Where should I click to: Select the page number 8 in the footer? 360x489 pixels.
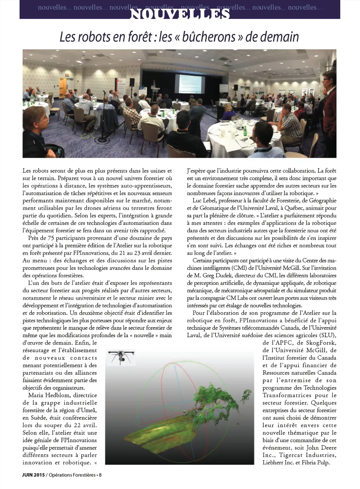pyautogui.click(x=100, y=475)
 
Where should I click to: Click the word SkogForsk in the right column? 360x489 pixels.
pyautogui.click(x=321, y=343)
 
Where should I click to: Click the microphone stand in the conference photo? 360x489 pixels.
pyautogui.click(x=104, y=112)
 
